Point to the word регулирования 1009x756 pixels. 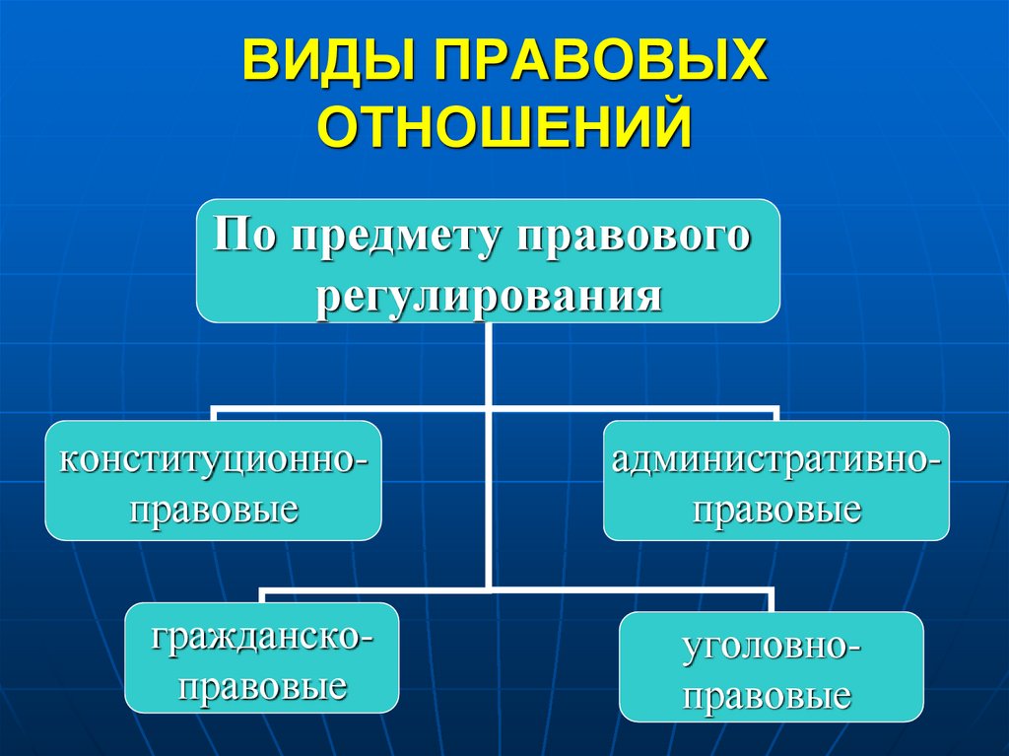click(488, 294)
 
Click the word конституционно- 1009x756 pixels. click(214, 460)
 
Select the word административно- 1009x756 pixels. click(776, 460)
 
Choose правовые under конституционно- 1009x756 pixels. click(214, 511)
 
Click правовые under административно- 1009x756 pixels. click(776, 511)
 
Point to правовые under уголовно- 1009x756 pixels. click(772, 696)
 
